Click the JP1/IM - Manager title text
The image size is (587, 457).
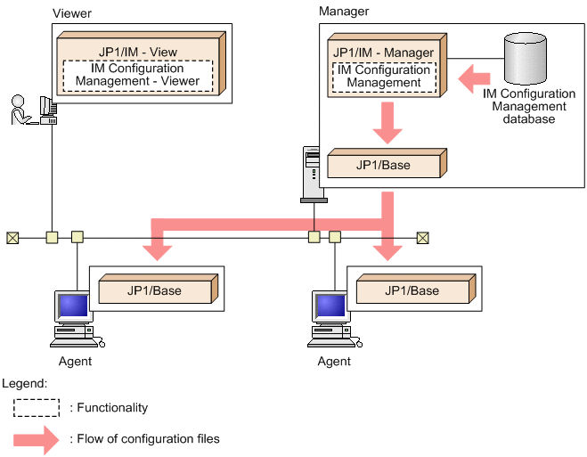(x=384, y=53)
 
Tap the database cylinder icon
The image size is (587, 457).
(x=525, y=58)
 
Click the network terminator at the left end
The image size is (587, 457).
(x=12, y=237)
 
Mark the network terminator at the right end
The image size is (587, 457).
(x=422, y=237)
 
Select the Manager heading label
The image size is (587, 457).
(x=343, y=12)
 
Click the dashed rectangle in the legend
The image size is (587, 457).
(x=37, y=407)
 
